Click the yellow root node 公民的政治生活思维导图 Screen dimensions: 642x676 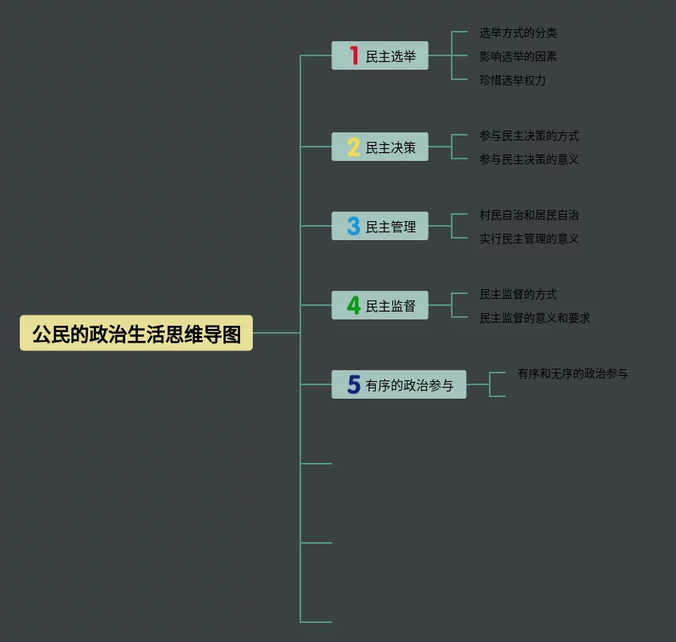pos(136,334)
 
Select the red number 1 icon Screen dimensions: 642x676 pos(353,56)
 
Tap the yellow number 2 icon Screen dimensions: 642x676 pos(353,147)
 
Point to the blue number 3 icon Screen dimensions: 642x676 pos(353,227)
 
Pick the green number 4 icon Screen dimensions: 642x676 pos(353,305)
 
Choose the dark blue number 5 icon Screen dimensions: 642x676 pos(353,384)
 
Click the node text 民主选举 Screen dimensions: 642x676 pos(391,57)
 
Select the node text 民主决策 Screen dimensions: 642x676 pos(391,147)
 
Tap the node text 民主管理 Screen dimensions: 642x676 pos(391,227)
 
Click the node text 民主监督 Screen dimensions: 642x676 pos(391,306)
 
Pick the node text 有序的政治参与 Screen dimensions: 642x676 pos(410,385)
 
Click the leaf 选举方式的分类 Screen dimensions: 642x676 pos(518,33)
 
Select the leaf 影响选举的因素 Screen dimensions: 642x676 pos(518,56)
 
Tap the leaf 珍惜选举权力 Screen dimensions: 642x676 pos(513,80)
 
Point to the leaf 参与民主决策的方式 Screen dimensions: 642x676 pos(529,136)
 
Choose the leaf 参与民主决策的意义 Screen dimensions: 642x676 pos(529,159)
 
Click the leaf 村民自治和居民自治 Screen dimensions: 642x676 pos(529,215)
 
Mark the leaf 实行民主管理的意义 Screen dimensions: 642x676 pos(529,239)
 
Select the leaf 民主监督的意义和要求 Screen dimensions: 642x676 pos(535,318)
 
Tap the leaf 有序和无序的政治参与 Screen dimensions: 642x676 pos(572,373)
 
